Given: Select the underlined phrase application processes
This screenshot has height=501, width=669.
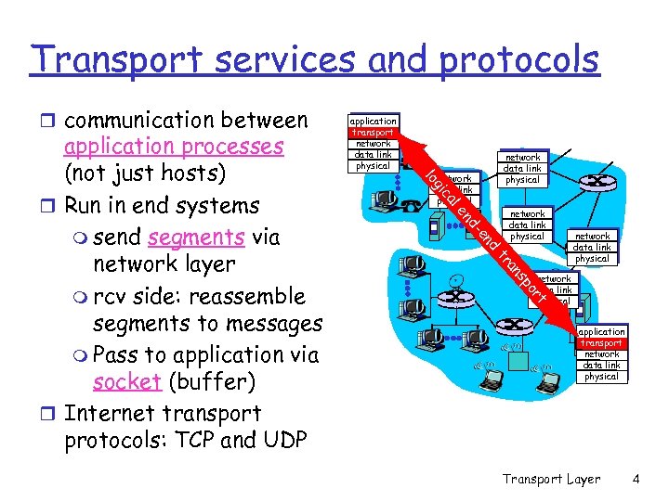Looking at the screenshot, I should pos(174,147).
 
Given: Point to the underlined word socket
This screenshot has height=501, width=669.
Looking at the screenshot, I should pos(125,383).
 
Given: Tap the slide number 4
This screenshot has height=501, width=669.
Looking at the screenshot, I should pos(636,480).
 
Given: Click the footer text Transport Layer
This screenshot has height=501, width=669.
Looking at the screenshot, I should pos(551,480).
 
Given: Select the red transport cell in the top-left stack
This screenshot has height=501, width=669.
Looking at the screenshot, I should pos(373,132).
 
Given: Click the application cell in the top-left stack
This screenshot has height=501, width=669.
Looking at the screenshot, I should pos(373,121).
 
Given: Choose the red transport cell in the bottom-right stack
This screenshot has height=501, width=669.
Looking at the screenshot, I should pos(601,343).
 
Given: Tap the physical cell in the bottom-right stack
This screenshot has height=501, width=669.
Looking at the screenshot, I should pos(601,377).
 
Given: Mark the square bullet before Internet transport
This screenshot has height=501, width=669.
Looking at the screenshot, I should pos(54,412).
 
